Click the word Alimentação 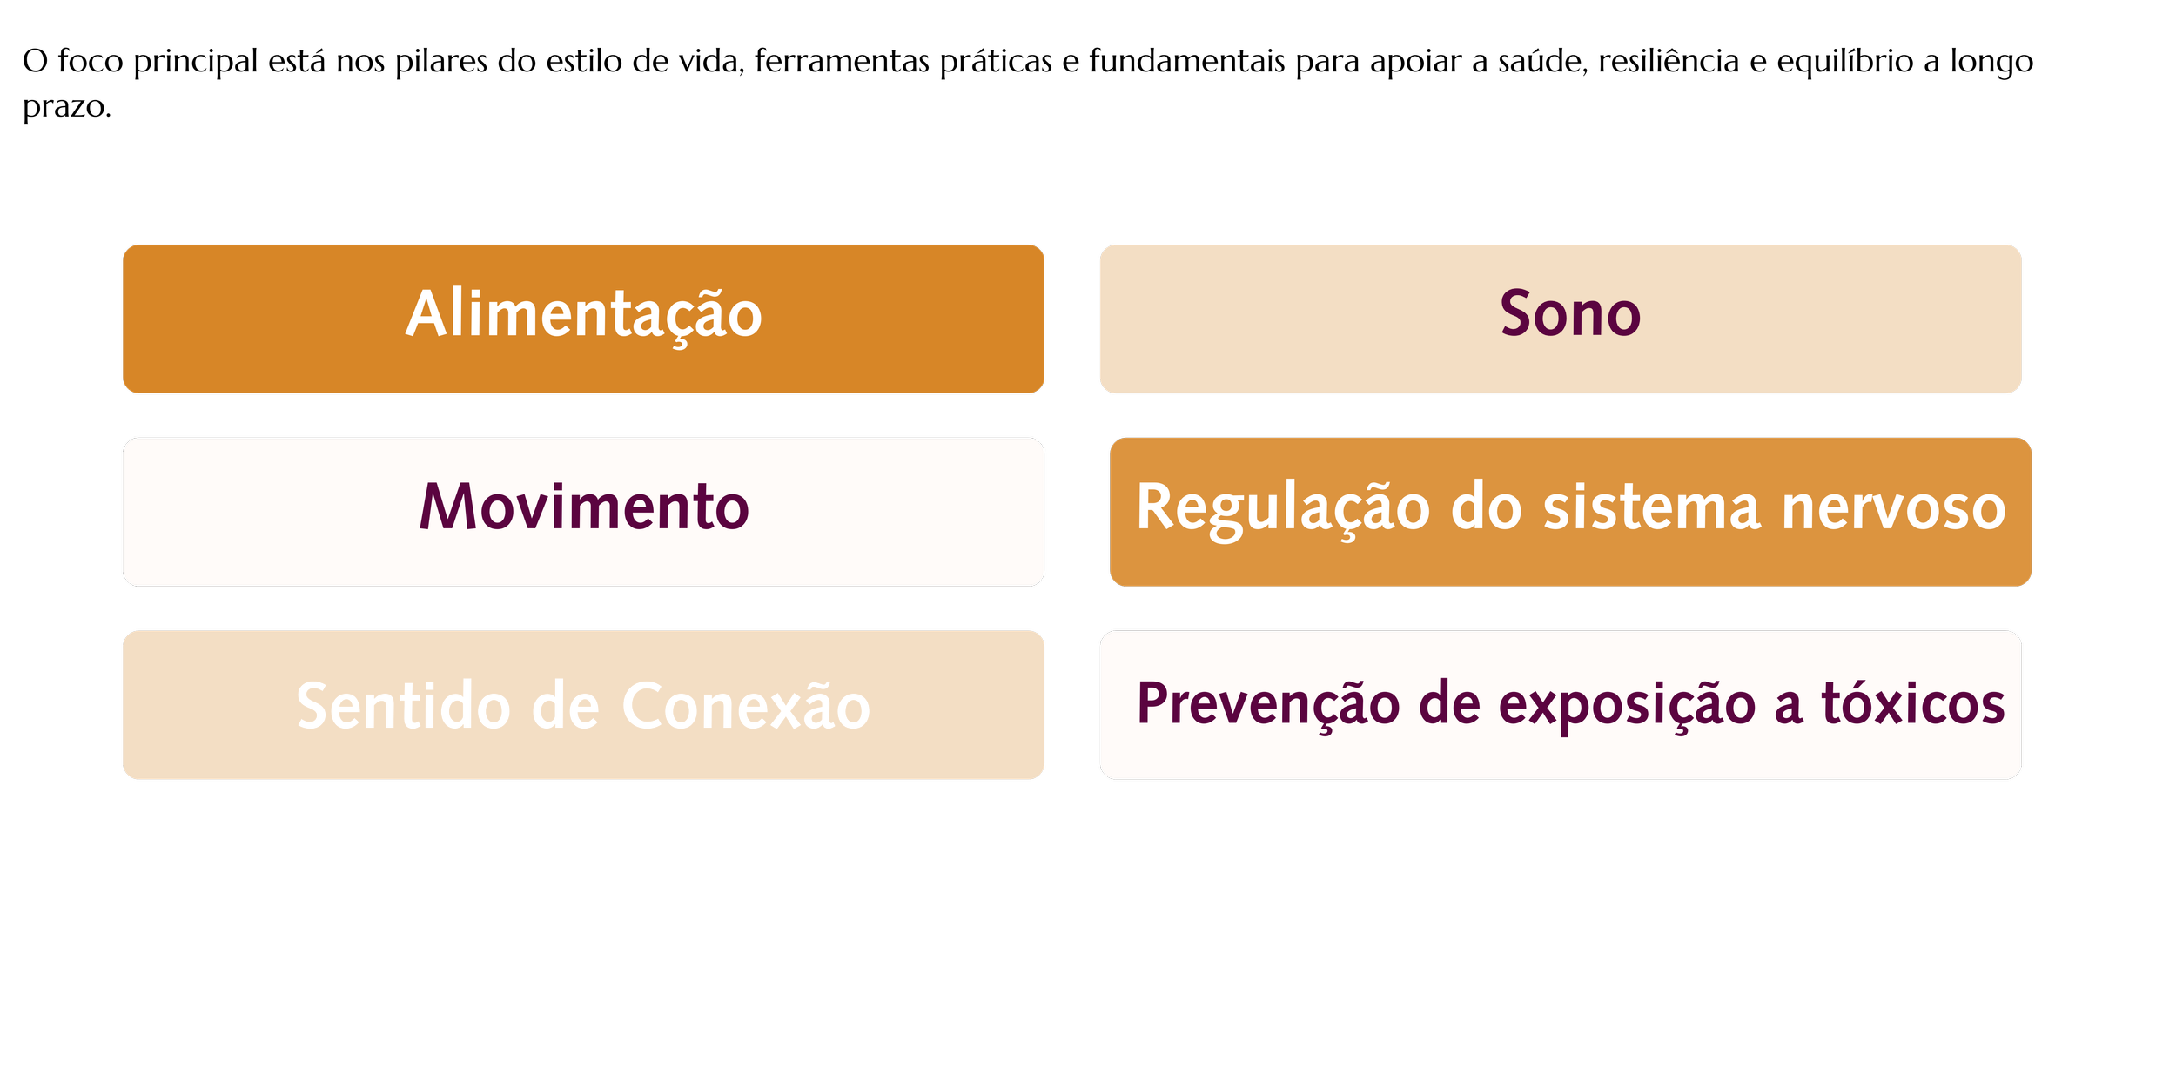click(x=583, y=315)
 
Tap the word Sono click(x=1569, y=315)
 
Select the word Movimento click(x=583, y=507)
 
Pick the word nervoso click(x=1893, y=507)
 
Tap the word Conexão click(x=746, y=706)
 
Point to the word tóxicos click(x=1913, y=704)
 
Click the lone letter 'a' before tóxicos click(x=1788, y=706)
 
